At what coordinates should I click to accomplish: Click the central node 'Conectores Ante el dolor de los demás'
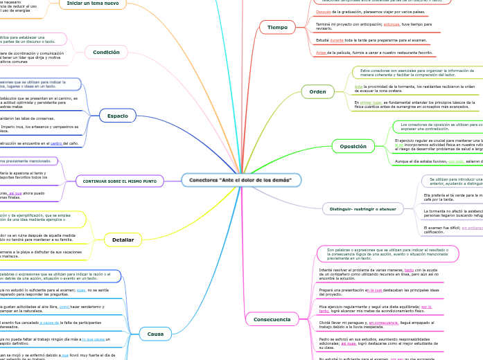(x=240, y=180)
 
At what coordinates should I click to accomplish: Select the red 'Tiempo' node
(x=277, y=27)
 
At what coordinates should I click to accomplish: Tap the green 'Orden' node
(x=317, y=91)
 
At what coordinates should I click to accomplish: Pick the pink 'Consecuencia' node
(x=272, y=319)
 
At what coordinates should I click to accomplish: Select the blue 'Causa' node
(x=155, y=334)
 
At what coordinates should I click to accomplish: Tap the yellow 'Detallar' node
(x=123, y=240)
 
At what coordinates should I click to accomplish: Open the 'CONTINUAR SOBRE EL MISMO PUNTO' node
(x=120, y=181)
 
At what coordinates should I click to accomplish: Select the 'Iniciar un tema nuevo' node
(x=93, y=3)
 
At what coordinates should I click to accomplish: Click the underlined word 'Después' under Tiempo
(x=323, y=12)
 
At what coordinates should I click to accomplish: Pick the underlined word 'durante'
(x=337, y=40)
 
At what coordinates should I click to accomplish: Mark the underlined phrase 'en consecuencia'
(x=383, y=323)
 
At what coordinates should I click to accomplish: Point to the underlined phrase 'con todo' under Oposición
(x=455, y=161)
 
